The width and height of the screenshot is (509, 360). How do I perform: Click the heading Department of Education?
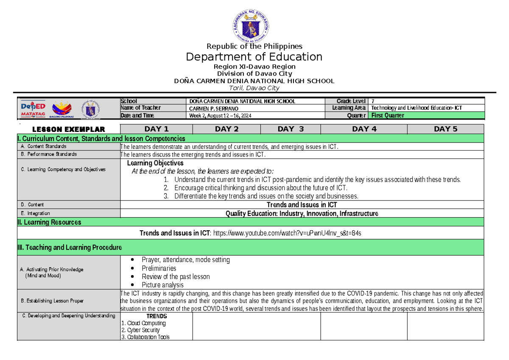click(x=254, y=57)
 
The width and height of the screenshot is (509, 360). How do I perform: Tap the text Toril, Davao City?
click(x=254, y=88)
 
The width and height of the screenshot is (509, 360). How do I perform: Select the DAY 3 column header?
click(x=291, y=129)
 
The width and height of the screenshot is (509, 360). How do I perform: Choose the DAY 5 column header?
click(x=445, y=129)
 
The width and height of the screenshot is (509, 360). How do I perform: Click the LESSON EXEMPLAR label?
click(x=68, y=129)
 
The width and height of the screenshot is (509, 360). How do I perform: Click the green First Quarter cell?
click(x=427, y=115)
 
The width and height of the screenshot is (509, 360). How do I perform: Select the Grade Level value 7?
click(x=373, y=101)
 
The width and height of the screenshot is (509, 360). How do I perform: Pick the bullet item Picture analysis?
click(x=162, y=285)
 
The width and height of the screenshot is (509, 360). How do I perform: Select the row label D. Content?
click(x=32, y=204)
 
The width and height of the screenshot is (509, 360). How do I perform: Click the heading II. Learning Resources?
click(x=49, y=222)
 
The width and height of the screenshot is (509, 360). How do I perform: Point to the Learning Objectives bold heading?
click(x=155, y=163)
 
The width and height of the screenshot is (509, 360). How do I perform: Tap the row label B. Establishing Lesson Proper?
click(x=52, y=301)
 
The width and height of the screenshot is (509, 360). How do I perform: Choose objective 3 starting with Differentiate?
click(x=266, y=196)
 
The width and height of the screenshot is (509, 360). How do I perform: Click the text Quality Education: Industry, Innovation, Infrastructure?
click(x=302, y=213)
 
